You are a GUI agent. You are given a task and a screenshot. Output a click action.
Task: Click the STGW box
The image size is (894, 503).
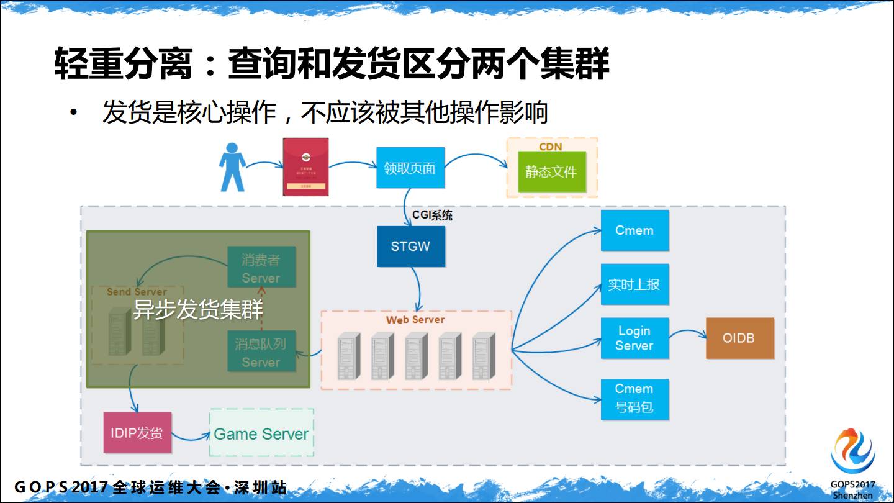pos(411,246)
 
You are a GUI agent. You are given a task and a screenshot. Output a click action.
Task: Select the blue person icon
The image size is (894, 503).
pos(232,167)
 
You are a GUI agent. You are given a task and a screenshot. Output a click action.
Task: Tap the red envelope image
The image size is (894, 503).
pos(305,167)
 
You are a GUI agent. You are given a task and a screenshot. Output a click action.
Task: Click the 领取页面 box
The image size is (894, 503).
pos(410,168)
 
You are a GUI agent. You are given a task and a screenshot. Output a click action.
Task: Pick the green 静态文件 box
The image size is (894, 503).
pos(551,171)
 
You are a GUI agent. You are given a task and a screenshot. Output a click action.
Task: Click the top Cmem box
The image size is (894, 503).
pos(634,230)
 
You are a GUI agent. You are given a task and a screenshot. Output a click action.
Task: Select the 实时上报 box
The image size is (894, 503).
pos(634,284)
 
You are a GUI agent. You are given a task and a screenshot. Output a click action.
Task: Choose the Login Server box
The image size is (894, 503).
pos(634,338)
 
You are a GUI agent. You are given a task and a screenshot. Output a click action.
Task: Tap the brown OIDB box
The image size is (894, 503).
pos(739,338)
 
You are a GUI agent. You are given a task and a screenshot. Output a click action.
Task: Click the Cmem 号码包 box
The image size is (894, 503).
pos(634,399)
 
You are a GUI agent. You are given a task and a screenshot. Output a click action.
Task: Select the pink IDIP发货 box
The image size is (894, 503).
pos(137,432)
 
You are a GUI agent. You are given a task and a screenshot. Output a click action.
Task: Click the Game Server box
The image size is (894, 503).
pos(261,433)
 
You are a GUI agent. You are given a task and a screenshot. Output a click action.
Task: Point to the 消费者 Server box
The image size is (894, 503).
pos(261,268)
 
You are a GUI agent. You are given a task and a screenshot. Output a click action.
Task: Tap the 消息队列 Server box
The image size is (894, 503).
pos(261,351)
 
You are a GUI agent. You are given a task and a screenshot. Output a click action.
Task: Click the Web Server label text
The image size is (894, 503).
pos(415,320)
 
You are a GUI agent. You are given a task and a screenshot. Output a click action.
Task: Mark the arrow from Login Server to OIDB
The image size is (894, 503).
pos(688,333)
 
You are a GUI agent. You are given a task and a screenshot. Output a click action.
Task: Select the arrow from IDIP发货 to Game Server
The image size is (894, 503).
pos(191,437)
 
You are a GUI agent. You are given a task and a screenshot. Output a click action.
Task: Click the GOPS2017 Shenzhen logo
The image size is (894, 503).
pos(853,463)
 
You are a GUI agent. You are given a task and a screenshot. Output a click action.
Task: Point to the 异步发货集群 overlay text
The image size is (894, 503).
pos(198,309)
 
